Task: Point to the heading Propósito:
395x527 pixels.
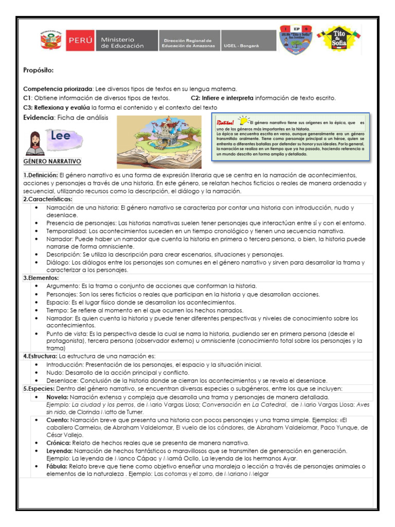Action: tap(39, 70)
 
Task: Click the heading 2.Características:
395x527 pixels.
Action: tap(48, 199)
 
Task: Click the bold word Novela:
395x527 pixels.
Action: tap(57, 397)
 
